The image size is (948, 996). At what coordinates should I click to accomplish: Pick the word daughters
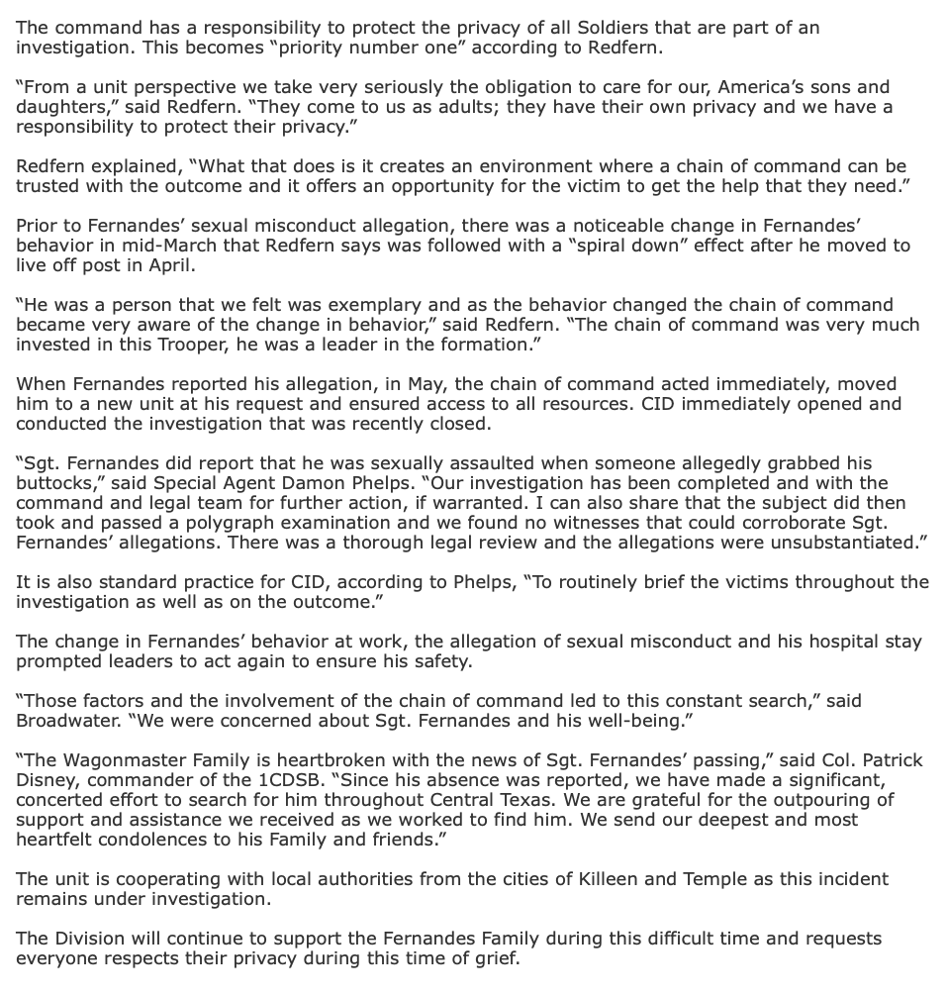point(58,107)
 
